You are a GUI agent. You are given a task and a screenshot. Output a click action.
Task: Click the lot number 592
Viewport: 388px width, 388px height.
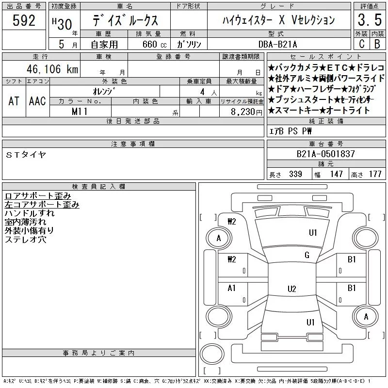tap(24, 20)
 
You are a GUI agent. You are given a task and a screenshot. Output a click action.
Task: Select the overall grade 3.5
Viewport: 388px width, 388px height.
tap(370, 20)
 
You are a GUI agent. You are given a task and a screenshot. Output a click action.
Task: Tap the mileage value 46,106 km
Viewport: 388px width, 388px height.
tap(52, 69)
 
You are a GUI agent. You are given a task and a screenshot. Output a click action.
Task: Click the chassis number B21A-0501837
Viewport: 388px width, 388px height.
tap(325, 154)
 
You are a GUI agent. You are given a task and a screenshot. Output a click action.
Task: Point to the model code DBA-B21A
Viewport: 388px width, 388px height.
tap(277, 44)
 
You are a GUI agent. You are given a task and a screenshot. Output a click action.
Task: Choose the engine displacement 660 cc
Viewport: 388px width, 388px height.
tap(154, 44)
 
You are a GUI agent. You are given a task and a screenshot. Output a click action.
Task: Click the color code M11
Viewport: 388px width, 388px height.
tap(80, 112)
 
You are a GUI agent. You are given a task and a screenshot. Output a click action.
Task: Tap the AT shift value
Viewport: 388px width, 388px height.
tap(14, 101)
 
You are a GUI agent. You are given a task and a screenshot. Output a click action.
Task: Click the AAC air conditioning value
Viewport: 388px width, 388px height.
tap(37, 101)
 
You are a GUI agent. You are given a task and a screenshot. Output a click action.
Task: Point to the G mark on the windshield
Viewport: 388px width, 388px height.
tap(307, 255)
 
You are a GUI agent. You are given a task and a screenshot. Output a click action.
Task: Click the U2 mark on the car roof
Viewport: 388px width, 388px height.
tap(292, 289)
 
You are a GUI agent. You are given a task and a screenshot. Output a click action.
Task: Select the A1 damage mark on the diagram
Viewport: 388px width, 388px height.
tap(231, 288)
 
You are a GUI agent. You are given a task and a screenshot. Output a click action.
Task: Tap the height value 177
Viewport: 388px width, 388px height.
tap(375, 174)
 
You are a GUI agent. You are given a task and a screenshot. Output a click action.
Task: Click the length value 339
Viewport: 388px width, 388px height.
tap(295, 174)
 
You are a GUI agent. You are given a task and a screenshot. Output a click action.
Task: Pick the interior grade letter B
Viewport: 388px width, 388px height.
tap(377, 44)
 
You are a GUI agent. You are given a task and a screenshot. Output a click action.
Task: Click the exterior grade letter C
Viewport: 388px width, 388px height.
tap(361, 44)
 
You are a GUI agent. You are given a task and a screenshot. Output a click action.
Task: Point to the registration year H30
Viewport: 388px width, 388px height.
tap(62, 24)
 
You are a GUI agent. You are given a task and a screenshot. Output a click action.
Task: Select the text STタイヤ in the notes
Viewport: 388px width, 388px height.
tap(26, 155)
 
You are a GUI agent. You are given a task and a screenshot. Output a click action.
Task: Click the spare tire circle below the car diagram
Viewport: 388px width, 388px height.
tap(212, 354)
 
